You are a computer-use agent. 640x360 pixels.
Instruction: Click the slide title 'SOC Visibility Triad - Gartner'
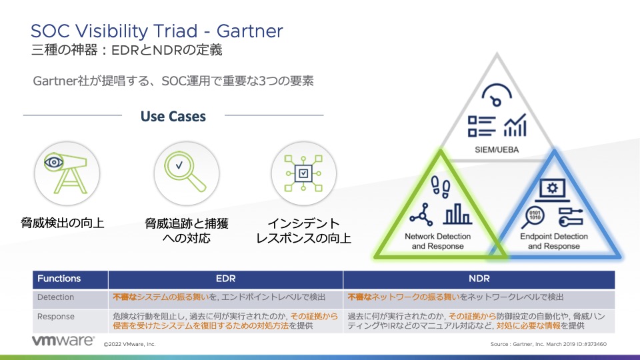157,31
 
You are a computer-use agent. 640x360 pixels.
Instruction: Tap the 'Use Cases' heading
173,116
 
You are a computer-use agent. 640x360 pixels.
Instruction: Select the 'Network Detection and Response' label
437,241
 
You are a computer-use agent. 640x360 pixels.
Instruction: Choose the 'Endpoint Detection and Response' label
553,241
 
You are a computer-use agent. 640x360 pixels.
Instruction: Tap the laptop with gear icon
552,188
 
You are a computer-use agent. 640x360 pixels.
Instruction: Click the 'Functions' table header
59,279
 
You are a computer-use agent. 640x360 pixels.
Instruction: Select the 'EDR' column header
226,279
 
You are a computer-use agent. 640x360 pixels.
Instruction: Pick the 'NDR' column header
478,279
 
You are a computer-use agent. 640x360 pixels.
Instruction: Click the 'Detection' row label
56,297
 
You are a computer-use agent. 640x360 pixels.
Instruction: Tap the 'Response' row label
56,317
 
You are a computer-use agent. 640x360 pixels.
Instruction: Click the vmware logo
63,341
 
